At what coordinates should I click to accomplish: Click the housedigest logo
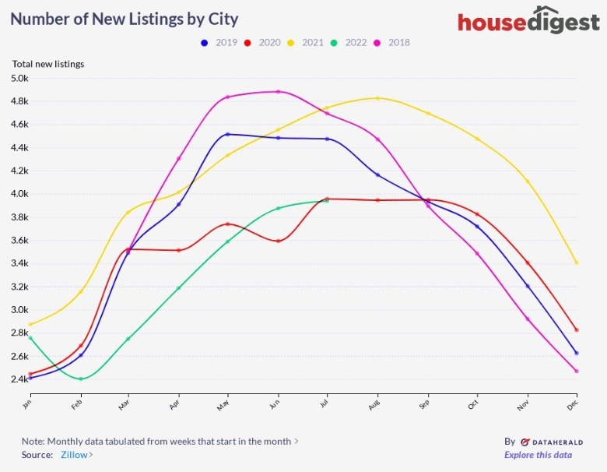[528, 21]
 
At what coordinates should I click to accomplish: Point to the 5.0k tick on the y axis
[19, 78]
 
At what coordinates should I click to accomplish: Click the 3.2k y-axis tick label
[19, 287]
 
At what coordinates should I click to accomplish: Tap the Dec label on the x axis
[572, 403]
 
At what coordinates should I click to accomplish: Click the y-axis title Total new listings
[48, 64]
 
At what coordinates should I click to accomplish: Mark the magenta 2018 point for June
[278, 92]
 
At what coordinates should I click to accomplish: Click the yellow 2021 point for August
[377, 98]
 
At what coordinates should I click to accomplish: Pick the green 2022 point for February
[80, 379]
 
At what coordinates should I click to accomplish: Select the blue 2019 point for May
[227, 134]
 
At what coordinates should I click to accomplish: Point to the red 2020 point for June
[278, 241]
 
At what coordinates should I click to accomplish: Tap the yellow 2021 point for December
[576, 262]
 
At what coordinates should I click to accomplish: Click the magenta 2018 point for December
[576, 371]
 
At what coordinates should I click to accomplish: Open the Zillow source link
[76, 455]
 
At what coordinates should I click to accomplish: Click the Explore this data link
[538, 455]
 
